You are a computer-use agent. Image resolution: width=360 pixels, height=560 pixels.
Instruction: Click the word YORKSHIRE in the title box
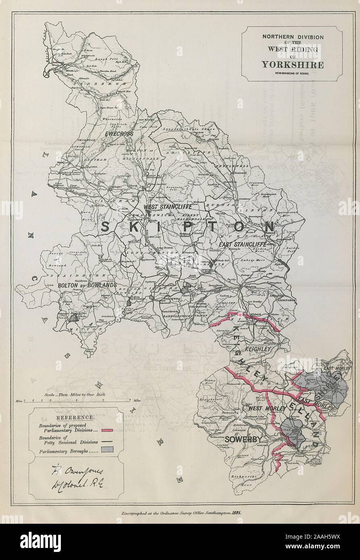(292, 64)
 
